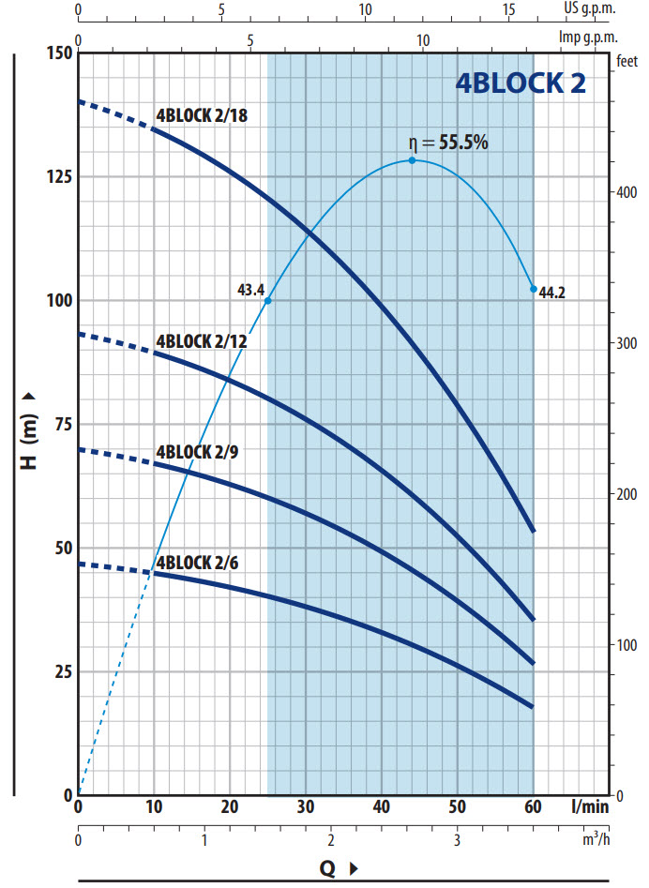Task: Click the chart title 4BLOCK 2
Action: (x=521, y=83)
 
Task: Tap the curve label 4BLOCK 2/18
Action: (x=202, y=115)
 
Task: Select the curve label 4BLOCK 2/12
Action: (x=202, y=341)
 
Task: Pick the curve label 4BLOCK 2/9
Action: (x=197, y=452)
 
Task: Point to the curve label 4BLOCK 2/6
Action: (x=197, y=563)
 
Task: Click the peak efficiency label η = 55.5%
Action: (x=448, y=143)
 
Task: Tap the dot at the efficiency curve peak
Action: (x=413, y=160)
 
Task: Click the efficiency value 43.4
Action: (x=251, y=290)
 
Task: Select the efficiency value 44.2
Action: (x=551, y=293)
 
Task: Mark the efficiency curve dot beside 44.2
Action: (x=534, y=289)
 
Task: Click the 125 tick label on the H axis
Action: (x=59, y=176)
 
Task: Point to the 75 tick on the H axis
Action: (x=64, y=424)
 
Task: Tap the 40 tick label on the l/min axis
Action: (x=381, y=806)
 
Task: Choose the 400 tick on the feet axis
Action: (x=626, y=192)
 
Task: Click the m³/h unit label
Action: (x=596, y=839)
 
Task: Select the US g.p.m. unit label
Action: (x=589, y=8)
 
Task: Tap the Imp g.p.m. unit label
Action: (x=588, y=38)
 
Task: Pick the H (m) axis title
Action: (x=29, y=431)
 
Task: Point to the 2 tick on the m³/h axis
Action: (x=331, y=839)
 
